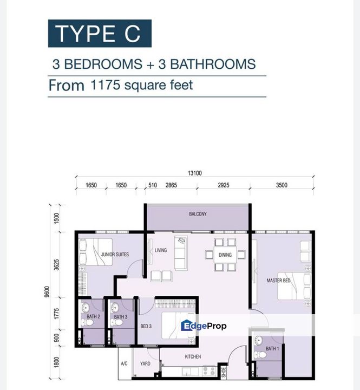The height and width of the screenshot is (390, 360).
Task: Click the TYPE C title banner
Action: pyautogui.click(x=100, y=33)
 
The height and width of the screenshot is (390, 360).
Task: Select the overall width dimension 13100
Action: pyautogui.click(x=194, y=173)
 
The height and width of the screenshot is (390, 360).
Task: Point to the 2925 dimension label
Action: pyautogui.click(x=224, y=185)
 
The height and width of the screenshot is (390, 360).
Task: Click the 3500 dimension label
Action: pyautogui.click(x=281, y=185)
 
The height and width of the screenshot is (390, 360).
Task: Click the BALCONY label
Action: pyautogui.click(x=198, y=214)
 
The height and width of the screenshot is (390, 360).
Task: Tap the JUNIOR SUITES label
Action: pyautogui.click(x=114, y=253)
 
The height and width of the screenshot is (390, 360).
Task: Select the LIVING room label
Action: pyautogui.click(x=161, y=250)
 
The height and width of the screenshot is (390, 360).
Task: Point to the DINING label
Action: pyautogui.click(x=225, y=255)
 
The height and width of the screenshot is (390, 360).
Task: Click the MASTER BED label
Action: pyautogui.click(x=278, y=281)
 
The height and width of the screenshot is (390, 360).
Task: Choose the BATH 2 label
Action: pyautogui.click(x=94, y=316)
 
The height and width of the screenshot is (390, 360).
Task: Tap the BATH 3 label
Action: pyautogui.click(x=121, y=316)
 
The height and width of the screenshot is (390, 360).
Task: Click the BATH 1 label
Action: pyautogui.click(x=272, y=348)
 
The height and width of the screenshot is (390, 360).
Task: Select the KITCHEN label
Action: pyautogui.click(x=193, y=356)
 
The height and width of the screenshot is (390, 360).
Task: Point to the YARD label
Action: pyautogui.click(x=145, y=363)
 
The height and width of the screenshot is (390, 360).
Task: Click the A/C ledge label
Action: pyautogui.click(x=123, y=363)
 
